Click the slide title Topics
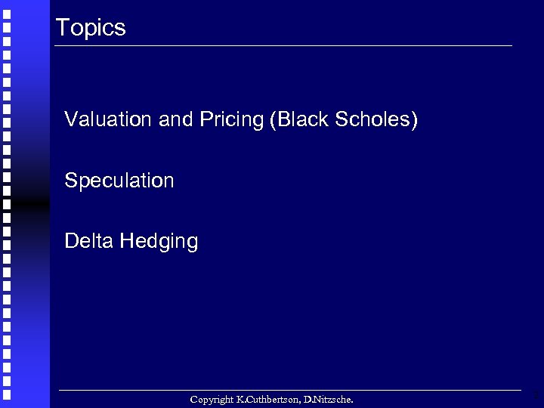click(91, 29)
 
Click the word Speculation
click(119, 181)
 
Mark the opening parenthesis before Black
click(272, 120)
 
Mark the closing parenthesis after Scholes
click(413, 120)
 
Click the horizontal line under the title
click(283, 46)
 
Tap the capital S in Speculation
click(70, 181)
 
